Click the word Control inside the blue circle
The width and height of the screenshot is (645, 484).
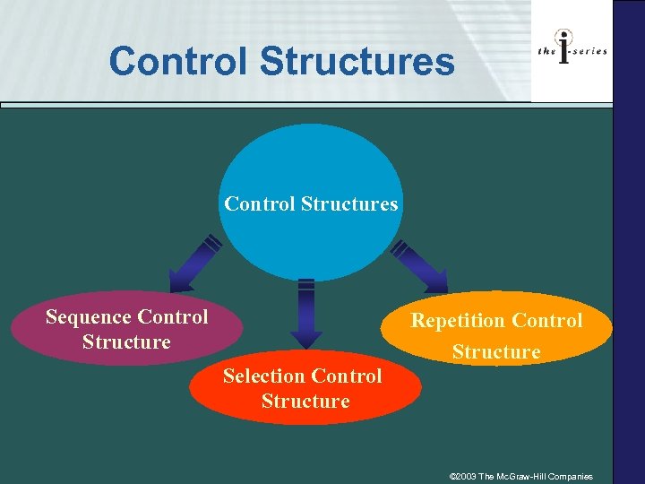point(260,204)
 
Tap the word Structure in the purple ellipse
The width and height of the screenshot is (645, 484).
point(126,342)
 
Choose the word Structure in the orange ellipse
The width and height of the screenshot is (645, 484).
point(496,352)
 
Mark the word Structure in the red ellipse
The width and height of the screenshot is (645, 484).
point(305,402)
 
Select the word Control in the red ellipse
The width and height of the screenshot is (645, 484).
point(346,376)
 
